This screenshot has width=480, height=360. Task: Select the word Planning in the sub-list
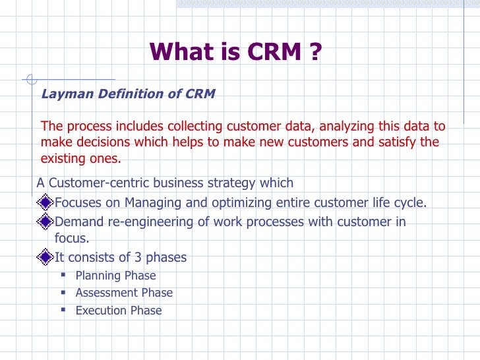pyautogui.click(x=95, y=276)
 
